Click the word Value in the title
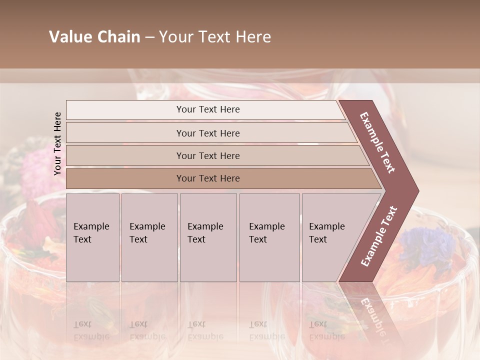(70, 37)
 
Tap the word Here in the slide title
(253, 37)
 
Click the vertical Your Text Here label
(57, 143)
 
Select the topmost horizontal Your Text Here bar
(208, 109)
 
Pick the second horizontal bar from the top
(208, 133)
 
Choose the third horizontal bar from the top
(208, 155)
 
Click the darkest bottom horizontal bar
(208, 178)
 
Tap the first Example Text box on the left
(92, 237)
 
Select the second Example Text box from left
(149, 237)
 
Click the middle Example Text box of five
(208, 237)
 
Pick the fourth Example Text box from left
(269, 237)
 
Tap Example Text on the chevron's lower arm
(379, 236)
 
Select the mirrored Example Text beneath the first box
(91, 330)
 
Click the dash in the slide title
(149, 37)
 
